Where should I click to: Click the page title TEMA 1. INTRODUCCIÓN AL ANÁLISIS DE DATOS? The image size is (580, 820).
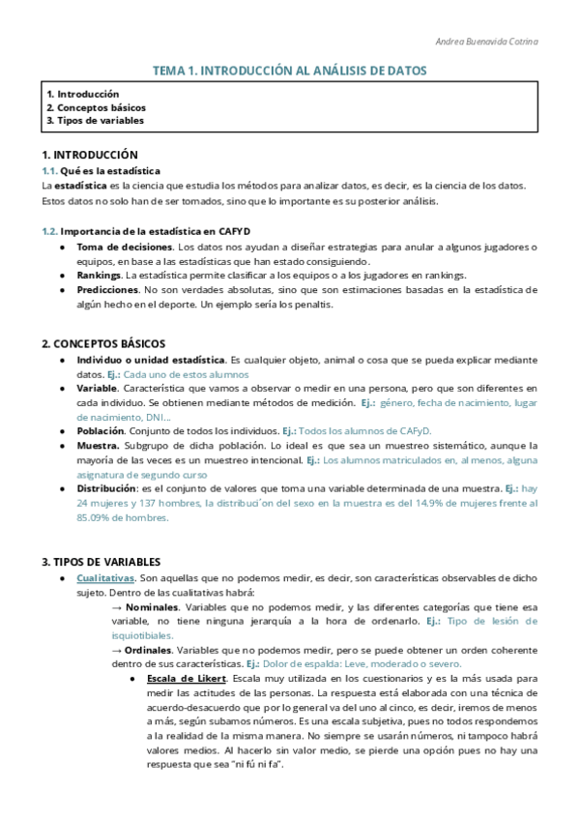290,71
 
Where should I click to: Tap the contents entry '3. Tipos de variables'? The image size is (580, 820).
95,121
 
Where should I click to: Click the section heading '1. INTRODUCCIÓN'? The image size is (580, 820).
90,155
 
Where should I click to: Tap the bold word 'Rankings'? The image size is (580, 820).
98,276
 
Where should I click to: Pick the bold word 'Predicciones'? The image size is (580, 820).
107,290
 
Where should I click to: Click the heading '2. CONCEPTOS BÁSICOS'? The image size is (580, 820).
103,343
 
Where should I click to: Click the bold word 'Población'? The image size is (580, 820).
101,430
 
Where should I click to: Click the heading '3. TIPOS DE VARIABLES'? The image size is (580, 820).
101,562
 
